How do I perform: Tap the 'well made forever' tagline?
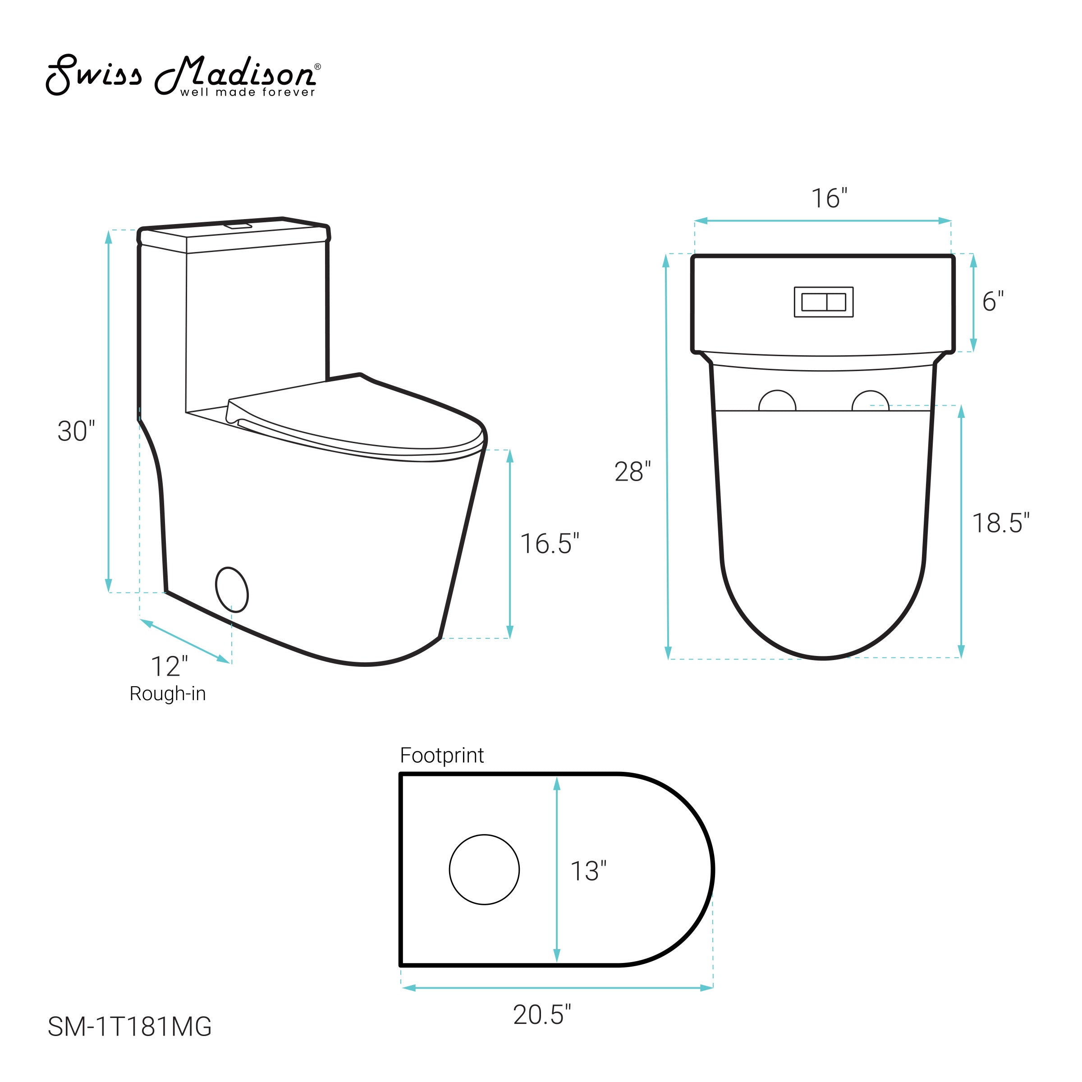[248, 92]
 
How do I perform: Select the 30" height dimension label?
[77, 431]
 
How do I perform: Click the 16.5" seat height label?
[550, 544]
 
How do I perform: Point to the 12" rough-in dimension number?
[170, 666]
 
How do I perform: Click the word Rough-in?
[167, 694]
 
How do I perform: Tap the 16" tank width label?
[830, 198]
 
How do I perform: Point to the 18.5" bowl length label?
[1001, 523]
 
